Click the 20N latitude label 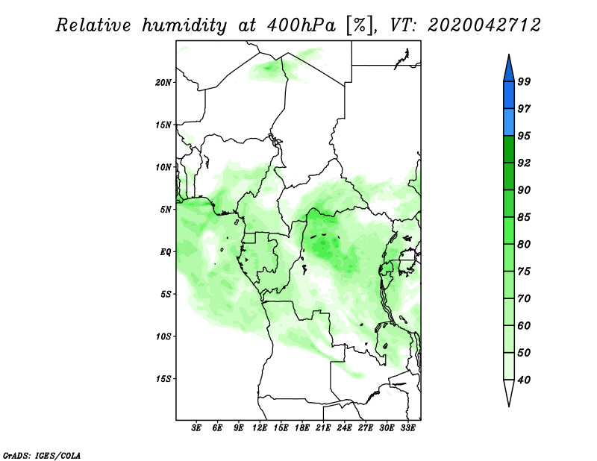tap(163, 83)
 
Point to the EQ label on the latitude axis tap(165, 252)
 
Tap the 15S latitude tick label tap(163, 379)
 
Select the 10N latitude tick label tap(163, 167)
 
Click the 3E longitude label tap(196, 428)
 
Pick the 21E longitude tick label tap(323, 428)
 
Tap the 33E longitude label tap(407, 428)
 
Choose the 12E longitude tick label tap(260, 428)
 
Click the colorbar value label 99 tap(524, 81)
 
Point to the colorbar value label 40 tap(524, 380)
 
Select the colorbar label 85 tap(524, 217)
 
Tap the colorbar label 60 tap(524, 326)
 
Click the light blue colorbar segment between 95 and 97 tap(509, 122)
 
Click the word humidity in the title tap(184, 26)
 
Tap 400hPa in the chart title tap(301, 26)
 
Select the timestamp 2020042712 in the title tap(484, 25)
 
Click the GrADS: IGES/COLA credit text tap(42, 455)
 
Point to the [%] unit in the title tap(360, 26)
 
